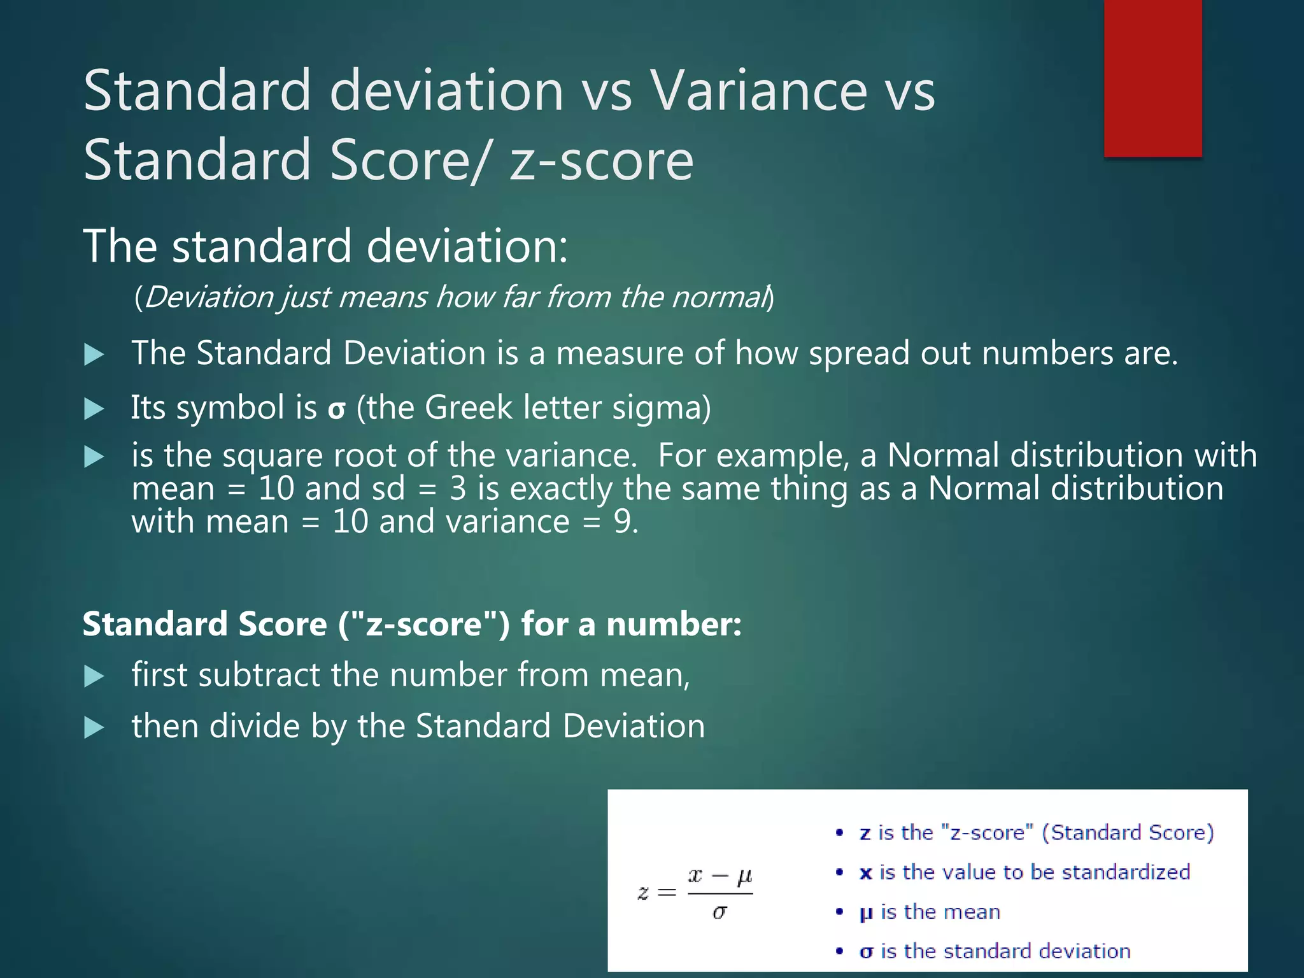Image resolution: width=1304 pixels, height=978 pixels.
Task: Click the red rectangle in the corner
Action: [x=1152, y=78]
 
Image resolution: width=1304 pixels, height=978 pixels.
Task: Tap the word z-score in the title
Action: [x=601, y=160]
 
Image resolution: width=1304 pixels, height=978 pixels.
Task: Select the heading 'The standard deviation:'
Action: [x=325, y=246]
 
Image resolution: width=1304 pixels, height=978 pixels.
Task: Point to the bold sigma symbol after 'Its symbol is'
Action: [x=336, y=409]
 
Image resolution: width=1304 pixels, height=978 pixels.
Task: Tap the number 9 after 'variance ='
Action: [x=622, y=521]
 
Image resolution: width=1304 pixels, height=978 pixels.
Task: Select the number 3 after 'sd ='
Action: [x=458, y=488]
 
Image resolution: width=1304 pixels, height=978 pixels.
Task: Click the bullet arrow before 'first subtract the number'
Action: [x=94, y=676]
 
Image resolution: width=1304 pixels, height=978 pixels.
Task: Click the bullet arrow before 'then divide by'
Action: [x=94, y=727]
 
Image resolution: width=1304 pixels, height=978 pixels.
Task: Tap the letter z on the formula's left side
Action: [x=643, y=893]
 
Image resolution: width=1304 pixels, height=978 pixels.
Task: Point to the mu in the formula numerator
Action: [x=744, y=877]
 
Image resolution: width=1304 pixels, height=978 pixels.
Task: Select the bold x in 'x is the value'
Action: [x=865, y=872]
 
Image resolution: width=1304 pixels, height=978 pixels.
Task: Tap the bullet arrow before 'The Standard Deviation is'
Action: [x=94, y=355]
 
